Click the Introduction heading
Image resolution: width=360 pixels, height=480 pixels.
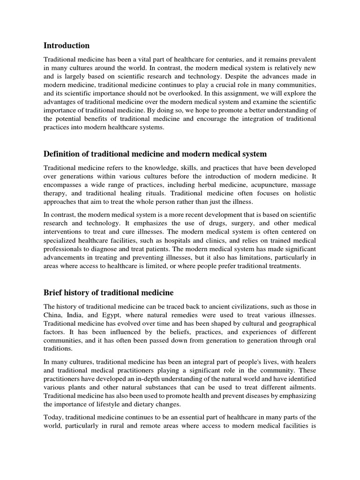tap(66, 45)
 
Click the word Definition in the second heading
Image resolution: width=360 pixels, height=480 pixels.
tap(63, 154)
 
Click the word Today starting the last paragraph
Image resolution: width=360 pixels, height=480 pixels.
tap(53, 417)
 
